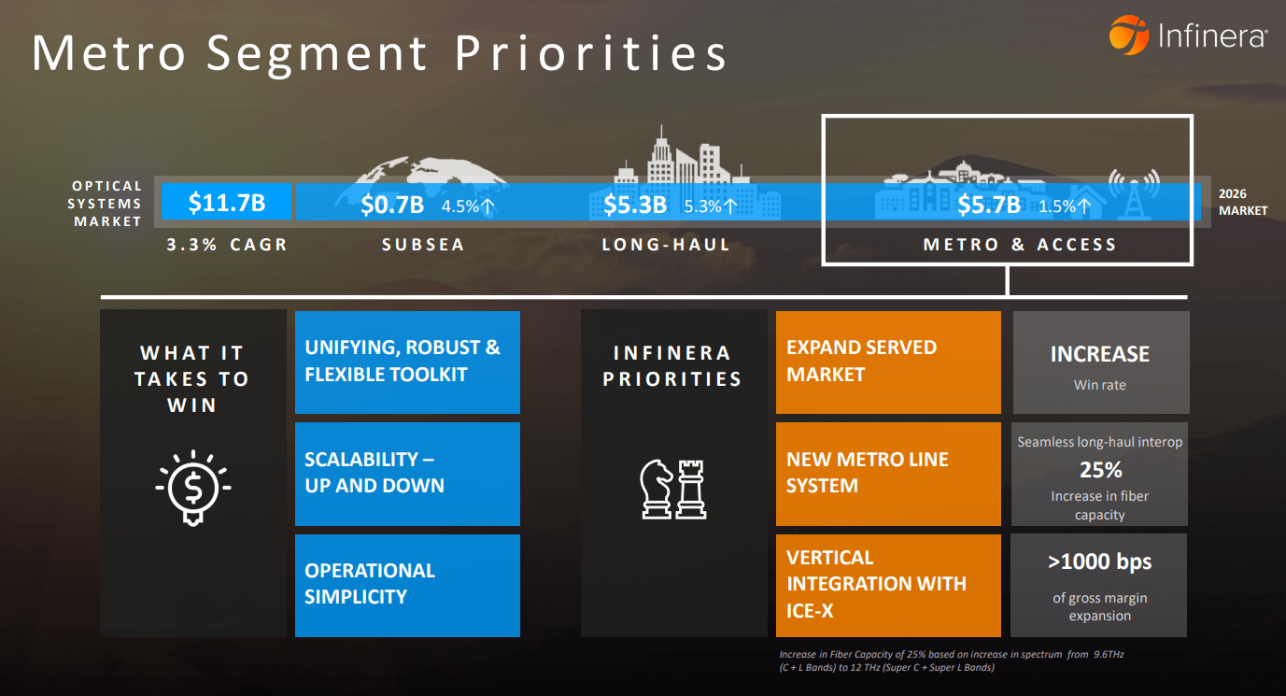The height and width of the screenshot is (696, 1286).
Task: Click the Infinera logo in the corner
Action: point(1187,36)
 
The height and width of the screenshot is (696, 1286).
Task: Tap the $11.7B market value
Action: point(226,202)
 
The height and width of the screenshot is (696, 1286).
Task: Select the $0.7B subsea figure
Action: point(392,205)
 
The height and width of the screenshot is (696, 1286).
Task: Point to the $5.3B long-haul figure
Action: point(635,205)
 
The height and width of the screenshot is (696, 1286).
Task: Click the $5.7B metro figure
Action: point(989,205)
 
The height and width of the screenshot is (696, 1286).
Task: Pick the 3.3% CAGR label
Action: point(227,245)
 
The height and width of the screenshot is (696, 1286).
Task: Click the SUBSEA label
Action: point(423,245)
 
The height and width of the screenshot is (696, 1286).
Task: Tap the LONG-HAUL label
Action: point(666,245)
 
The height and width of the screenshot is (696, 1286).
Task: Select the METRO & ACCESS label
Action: point(1020,245)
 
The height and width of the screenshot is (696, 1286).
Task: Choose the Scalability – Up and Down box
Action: point(407,474)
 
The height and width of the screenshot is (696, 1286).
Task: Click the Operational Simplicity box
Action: point(407,585)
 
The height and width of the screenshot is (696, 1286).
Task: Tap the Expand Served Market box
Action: point(888,362)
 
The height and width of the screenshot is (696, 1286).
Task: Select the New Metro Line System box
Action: point(888,474)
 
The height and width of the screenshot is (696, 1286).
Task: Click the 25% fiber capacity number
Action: point(1100,470)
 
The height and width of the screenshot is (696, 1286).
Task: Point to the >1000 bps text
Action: point(1100,561)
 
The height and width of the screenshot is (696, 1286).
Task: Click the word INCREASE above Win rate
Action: point(1100,354)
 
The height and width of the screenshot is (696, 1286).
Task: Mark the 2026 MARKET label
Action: point(1243,203)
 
